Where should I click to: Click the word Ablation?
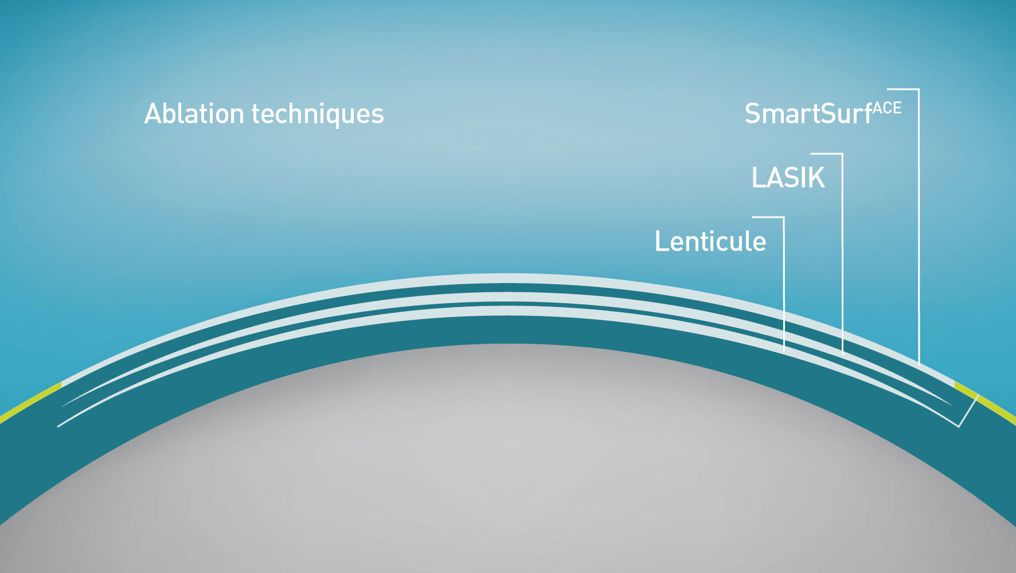194,113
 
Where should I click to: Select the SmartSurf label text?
808,113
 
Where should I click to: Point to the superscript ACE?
887,108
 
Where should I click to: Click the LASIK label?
788,178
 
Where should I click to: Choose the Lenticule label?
710,241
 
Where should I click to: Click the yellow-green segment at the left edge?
30,402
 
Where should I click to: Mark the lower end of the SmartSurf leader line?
919,364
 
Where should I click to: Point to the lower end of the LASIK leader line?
842,352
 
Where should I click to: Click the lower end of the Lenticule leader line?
784,350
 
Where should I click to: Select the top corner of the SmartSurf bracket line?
919,89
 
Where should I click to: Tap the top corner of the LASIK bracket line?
842,154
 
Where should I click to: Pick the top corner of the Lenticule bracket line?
784,217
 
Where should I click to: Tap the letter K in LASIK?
816,178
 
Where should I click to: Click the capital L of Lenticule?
662,241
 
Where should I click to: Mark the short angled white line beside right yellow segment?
968,411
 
